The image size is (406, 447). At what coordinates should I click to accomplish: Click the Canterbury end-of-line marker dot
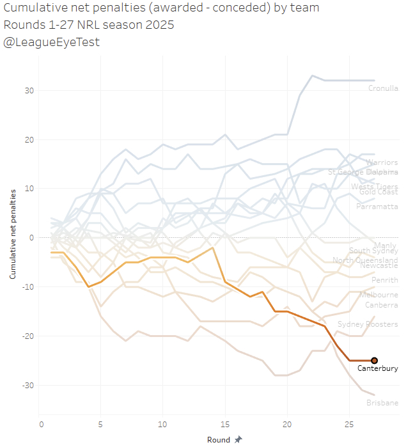pyautogui.click(x=374, y=361)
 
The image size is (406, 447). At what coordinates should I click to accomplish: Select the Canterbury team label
pyautogui.click(x=377, y=369)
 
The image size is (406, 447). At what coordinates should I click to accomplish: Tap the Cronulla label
pyautogui.click(x=383, y=89)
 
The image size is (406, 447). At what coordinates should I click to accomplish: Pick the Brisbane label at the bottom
pyautogui.click(x=382, y=403)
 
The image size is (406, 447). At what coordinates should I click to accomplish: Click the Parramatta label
pyautogui.click(x=377, y=207)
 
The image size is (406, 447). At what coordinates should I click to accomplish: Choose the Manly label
pyautogui.click(x=385, y=246)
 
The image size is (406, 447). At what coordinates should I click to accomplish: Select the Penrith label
pyautogui.click(x=384, y=281)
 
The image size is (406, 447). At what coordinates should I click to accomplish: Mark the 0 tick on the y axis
pyautogui.click(x=31, y=238)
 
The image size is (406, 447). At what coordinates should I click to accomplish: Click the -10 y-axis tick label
pyautogui.click(x=28, y=286)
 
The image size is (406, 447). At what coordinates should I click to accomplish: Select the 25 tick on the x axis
pyautogui.click(x=349, y=425)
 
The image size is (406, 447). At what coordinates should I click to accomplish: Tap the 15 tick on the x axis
pyautogui.click(x=226, y=425)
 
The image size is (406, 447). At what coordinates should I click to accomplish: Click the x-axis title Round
pyautogui.click(x=219, y=440)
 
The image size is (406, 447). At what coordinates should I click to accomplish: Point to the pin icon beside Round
pyautogui.click(x=238, y=440)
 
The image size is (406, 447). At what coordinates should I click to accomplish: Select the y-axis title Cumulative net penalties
pyautogui.click(x=13, y=238)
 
